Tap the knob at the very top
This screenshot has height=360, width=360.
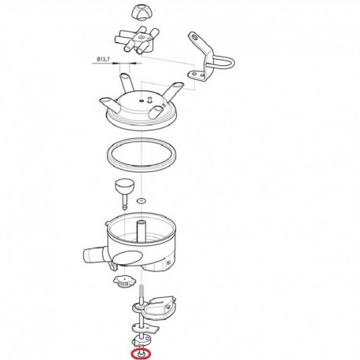pyautogui.click(x=141, y=13)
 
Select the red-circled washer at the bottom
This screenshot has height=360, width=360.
pyautogui.click(x=141, y=354)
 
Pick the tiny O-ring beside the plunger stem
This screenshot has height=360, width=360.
pyautogui.click(x=141, y=201)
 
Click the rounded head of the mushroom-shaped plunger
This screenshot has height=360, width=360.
pyautogui.click(x=125, y=186)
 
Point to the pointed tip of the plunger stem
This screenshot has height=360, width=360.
pyautogui.click(x=125, y=209)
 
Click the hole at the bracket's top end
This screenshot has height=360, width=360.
pyautogui.click(x=193, y=37)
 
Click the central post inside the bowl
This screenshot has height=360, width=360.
pyautogui.click(x=141, y=230)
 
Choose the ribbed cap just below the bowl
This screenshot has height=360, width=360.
pyautogui.click(x=125, y=282)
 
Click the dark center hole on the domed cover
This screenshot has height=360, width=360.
pyautogui.click(x=141, y=101)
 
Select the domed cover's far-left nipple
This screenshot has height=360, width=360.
pyautogui.click(x=108, y=104)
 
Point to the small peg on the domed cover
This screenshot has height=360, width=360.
pyautogui.click(x=150, y=100)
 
